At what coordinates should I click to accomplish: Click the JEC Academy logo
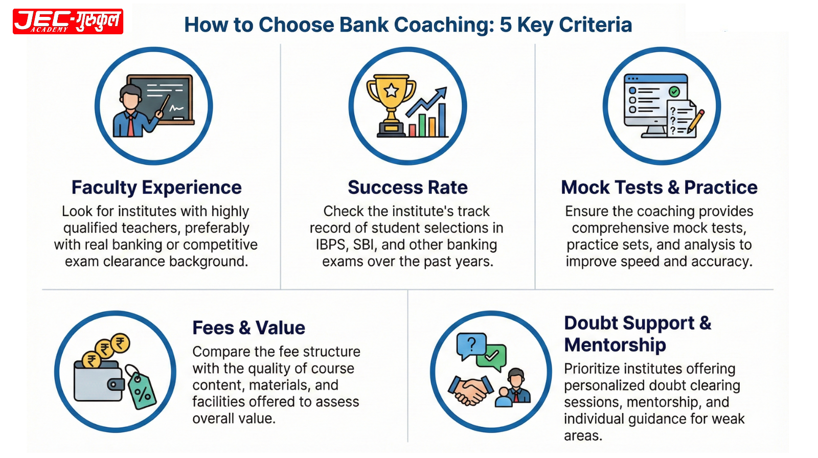68,21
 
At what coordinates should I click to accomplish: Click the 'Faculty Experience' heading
156,188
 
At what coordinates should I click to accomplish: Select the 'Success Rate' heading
407,188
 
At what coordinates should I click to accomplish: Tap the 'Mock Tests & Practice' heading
659,188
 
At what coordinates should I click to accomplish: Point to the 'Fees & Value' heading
248,328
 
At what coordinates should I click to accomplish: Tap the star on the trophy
392,91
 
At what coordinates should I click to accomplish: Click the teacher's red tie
131,125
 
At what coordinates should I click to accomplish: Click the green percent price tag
143,391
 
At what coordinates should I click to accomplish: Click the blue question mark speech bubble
471,346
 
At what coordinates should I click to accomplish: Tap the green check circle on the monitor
674,91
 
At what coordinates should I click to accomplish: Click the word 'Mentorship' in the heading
615,345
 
